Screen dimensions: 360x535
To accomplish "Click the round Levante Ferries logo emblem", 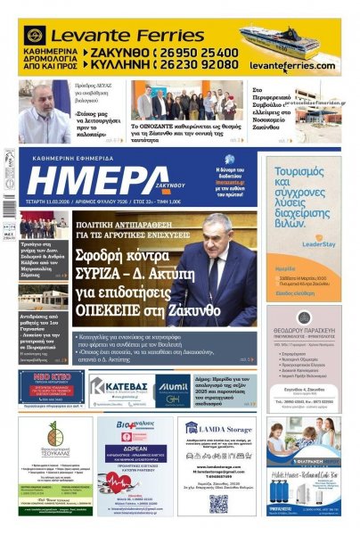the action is coord(35,36).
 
